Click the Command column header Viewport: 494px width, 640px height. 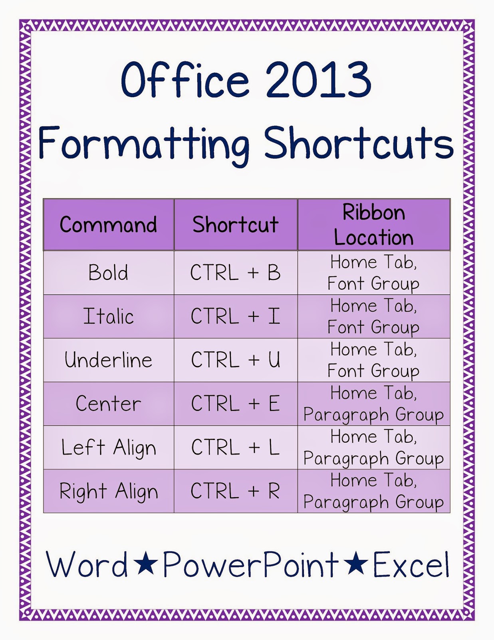(108, 225)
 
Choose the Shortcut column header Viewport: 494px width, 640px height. (235, 225)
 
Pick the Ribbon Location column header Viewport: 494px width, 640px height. (373, 225)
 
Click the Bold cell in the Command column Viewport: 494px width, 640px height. (108, 273)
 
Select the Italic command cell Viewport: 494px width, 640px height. (108, 316)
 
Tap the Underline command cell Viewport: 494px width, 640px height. (108, 360)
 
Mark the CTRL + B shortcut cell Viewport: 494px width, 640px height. (235, 273)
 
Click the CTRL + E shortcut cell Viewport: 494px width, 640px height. (235, 404)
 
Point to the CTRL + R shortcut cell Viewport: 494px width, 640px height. (235, 491)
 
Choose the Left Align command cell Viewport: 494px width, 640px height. (108, 447)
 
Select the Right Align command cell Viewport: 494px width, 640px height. (108, 491)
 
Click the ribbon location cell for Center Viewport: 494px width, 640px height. (373, 404)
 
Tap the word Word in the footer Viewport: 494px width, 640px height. (87, 564)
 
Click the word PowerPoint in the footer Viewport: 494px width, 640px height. (251, 564)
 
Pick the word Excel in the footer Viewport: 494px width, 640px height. (411, 564)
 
